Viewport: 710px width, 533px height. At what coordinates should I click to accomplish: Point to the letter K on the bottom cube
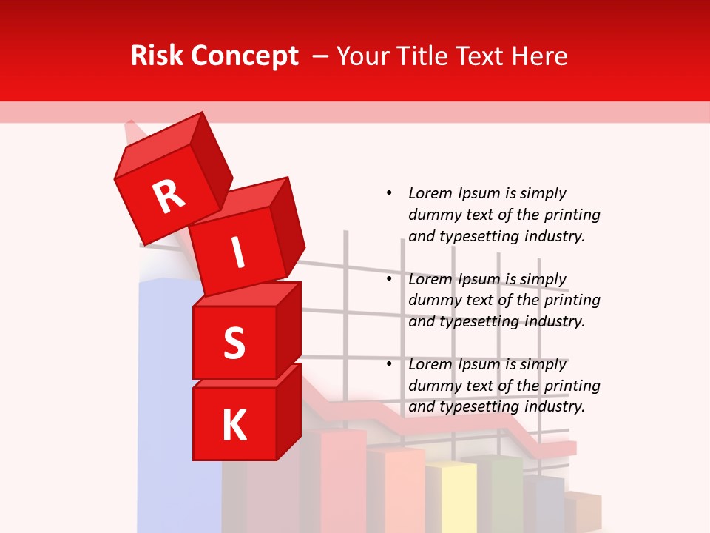coord(234,426)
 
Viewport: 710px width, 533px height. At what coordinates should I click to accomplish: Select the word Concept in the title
coord(245,56)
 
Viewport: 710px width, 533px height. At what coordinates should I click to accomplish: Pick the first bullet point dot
coord(389,193)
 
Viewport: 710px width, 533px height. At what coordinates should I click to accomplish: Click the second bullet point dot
coord(389,279)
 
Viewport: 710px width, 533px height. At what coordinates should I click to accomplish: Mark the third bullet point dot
coord(389,364)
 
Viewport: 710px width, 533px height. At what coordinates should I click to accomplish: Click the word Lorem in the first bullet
coord(430,193)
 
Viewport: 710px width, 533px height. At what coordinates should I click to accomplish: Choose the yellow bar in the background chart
coord(451,496)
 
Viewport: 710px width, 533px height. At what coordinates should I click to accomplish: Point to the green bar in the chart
coord(503,492)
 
